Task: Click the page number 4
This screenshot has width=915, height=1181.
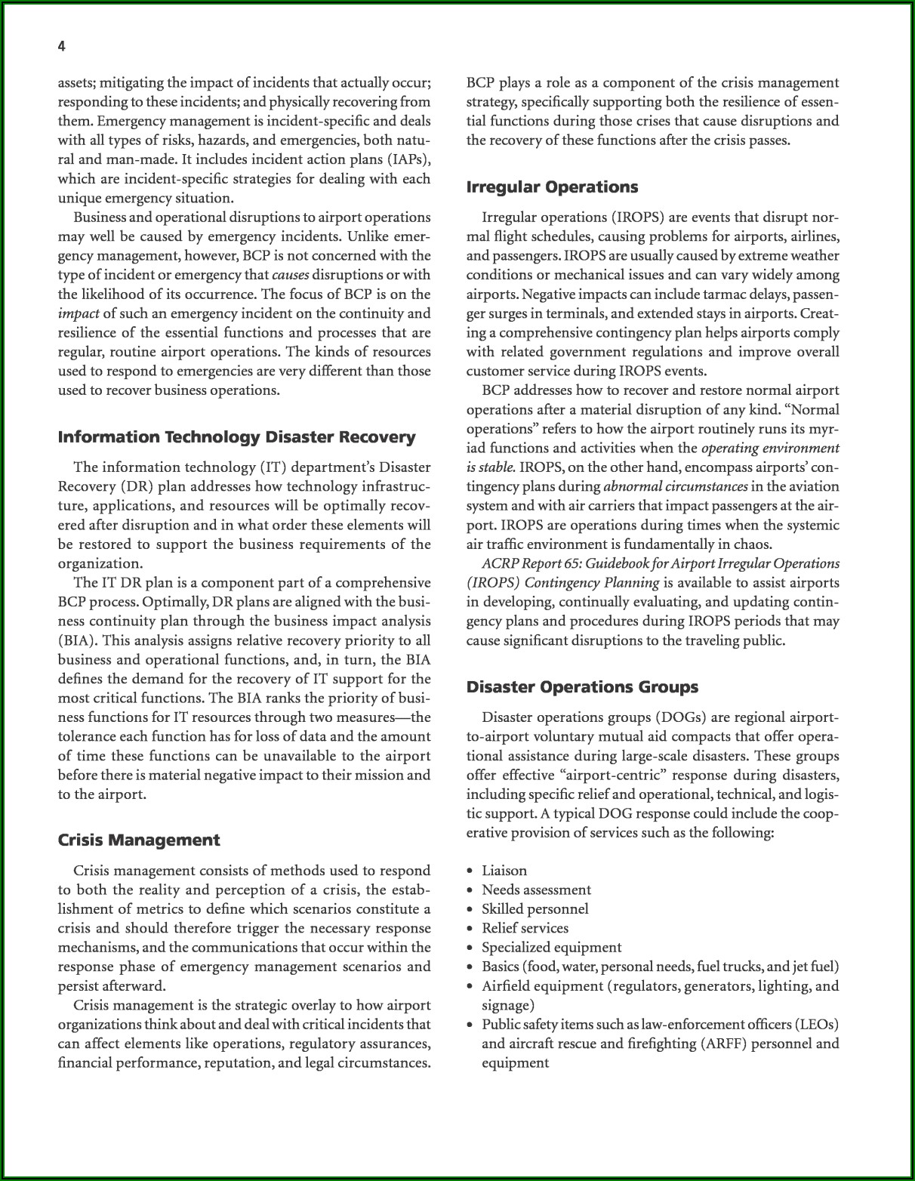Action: (62, 47)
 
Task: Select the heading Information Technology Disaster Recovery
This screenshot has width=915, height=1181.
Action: (236, 437)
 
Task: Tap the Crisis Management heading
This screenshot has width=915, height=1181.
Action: (139, 840)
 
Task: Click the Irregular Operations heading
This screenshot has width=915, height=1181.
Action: (552, 187)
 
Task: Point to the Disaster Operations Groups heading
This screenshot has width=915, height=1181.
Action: (582, 687)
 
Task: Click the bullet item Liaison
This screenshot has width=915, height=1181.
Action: (504, 871)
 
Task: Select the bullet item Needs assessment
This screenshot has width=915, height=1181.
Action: (536, 890)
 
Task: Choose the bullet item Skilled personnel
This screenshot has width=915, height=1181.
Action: (535, 909)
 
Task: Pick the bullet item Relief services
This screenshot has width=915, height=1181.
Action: (525, 928)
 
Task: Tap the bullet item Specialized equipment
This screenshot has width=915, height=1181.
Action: (551, 948)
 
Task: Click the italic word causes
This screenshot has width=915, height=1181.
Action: (290, 275)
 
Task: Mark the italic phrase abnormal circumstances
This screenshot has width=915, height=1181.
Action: (676, 486)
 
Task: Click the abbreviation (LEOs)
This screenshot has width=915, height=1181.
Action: (817, 1025)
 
